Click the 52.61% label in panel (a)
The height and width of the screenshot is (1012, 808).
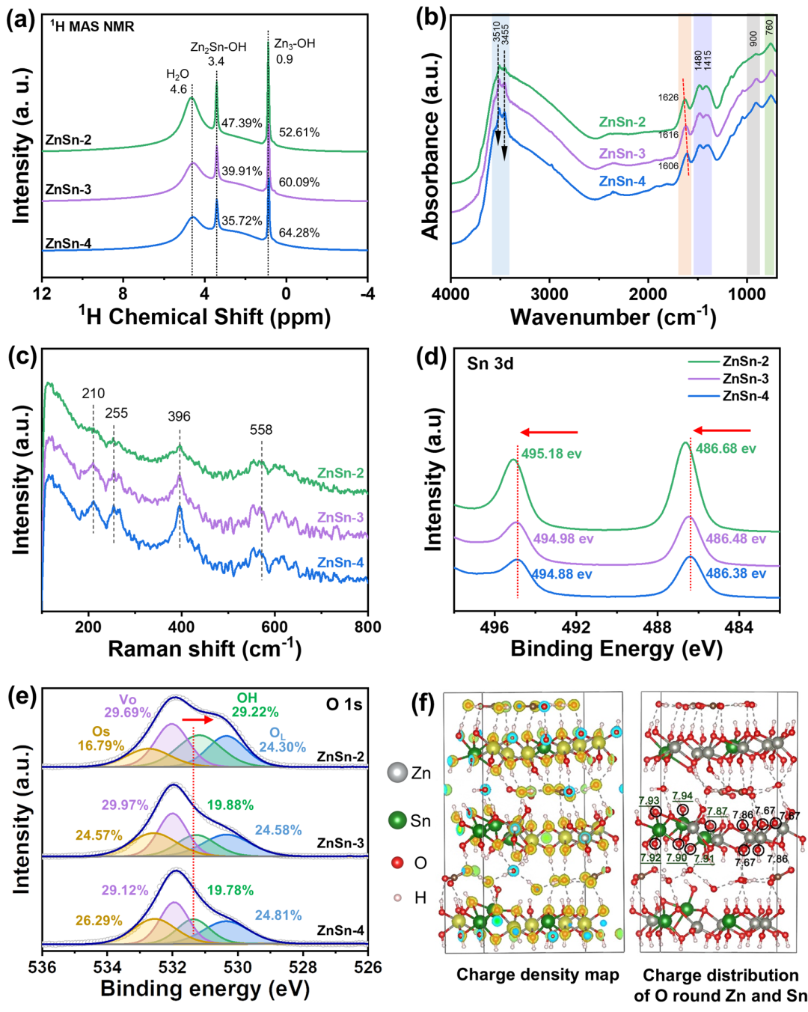pyautogui.click(x=299, y=132)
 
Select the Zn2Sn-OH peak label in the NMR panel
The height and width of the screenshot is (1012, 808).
pyautogui.click(x=218, y=47)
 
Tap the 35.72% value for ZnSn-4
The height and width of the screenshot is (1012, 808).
pyautogui.click(x=242, y=221)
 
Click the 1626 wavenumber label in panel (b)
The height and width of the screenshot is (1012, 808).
pyautogui.click(x=668, y=97)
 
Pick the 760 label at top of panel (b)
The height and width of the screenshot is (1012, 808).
pyautogui.click(x=769, y=28)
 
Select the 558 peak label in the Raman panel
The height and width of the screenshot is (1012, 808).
pyautogui.click(x=261, y=430)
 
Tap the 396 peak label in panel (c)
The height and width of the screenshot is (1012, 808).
pyautogui.click(x=179, y=416)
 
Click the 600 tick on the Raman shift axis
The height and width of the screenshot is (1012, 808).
pyautogui.click(x=275, y=627)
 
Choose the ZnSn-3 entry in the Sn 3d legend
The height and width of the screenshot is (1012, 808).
pyautogui.click(x=745, y=379)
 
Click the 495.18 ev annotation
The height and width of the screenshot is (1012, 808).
pyautogui.click(x=551, y=454)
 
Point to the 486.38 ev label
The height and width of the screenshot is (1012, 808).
pyautogui.click(x=735, y=573)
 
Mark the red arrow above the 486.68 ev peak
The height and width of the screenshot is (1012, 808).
pyautogui.click(x=721, y=430)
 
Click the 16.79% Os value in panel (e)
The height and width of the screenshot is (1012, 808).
pyautogui.click(x=101, y=746)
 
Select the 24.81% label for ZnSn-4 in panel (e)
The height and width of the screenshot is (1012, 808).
pyautogui.click(x=278, y=915)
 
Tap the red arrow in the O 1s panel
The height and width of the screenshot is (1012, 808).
pyautogui.click(x=198, y=720)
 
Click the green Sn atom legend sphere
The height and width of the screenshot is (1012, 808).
pyautogui.click(x=397, y=820)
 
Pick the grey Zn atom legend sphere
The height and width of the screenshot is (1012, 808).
pyautogui.click(x=397, y=772)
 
